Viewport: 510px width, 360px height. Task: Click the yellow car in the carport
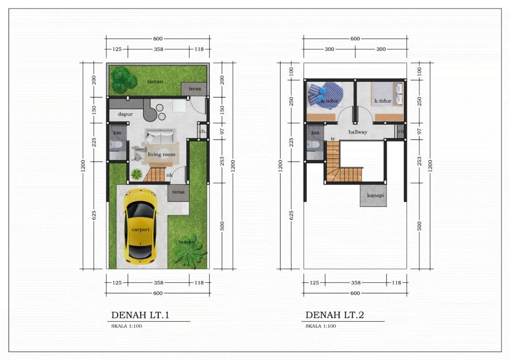pyautogui.click(x=140, y=227)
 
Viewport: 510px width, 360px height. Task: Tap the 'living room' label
pyautogui.click(x=161, y=154)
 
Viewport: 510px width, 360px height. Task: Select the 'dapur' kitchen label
pyautogui.click(x=125, y=114)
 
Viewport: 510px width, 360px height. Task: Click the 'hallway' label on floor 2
pyautogui.click(x=358, y=132)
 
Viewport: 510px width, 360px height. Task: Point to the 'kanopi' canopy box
pyautogui.click(x=373, y=195)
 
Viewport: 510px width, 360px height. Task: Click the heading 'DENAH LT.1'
pyautogui.click(x=140, y=315)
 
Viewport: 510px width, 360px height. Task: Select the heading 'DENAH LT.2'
pyautogui.click(x=335, y=315)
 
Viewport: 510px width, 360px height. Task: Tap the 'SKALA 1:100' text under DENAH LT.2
pyautogui.click(x=321, y=326)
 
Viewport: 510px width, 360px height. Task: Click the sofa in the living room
pyautogui.click(x=160, y=136)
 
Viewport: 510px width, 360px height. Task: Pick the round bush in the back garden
pyautogui.click(x=123, y=79)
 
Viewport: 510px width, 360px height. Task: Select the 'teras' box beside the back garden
pyautogui.click(x=194, y=89)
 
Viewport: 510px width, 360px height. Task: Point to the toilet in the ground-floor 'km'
pyautogui.click(x=116, y=145)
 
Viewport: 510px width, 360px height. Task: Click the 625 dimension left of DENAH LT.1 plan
pyautogui.click(x=93, y=215)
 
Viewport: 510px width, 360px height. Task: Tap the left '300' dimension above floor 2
pyautogui.click(x=329, y=49)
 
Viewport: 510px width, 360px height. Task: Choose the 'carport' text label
pyautogui.click(x=141, y=230)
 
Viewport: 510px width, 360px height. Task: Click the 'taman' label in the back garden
pyautogui.click(x=155, y=81)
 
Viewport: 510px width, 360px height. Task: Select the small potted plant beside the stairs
pyautogui.click(x=136, y=174)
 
